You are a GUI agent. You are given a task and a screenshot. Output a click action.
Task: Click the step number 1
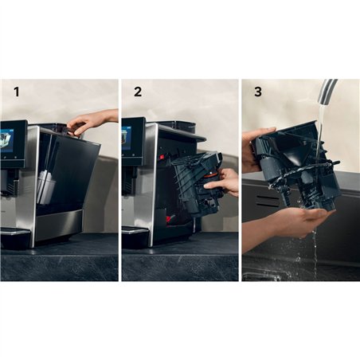click(x=17, y=92)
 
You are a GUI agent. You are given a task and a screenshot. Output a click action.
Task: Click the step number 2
click(x=138, y=92)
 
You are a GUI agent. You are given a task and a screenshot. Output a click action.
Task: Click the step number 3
click(x=258, y=92)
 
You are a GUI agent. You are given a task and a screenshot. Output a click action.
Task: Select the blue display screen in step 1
click(x=7, y=141)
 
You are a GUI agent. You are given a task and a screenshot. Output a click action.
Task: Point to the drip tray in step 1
click(x=14, y=238)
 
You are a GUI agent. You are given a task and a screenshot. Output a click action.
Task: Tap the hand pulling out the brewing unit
click(x=222, y=182)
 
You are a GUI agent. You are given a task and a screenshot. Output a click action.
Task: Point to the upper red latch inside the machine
click(x=162, y=157)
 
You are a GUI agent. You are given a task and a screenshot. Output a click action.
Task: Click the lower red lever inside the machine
click(x=170, y=218)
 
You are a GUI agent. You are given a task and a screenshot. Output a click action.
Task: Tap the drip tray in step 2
click(x=135, y=238)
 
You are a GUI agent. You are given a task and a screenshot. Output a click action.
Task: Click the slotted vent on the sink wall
click(x=268, y=202)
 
